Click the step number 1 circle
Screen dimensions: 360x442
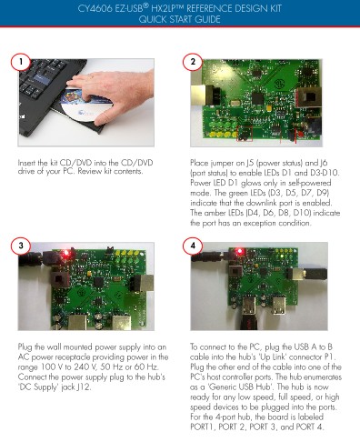point(21,62)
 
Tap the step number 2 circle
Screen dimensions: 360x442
point(193,62)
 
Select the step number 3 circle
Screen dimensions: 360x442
point(21,246)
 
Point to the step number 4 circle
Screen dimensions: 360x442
point(193,246)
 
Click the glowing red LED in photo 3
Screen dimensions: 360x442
point(65,254)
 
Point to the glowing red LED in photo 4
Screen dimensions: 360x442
point(240,251)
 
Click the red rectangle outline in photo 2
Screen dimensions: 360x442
point(245,133)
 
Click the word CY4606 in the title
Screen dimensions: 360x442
point(95,8)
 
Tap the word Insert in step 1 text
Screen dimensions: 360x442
point(26,163)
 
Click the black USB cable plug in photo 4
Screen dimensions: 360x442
point(316,274)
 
